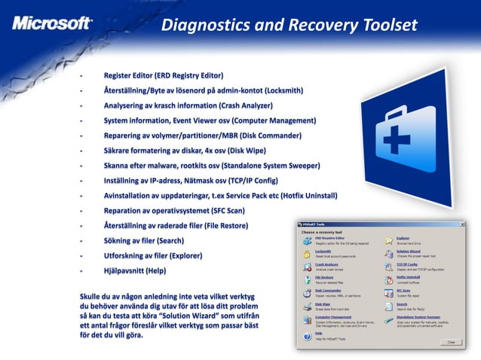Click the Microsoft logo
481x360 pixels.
click(52, 22)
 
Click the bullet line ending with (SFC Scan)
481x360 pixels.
click(185, 210)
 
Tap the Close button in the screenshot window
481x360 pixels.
click(450, 341)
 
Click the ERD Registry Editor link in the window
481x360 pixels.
click(330, 238)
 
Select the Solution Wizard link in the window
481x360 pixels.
click(409, 252)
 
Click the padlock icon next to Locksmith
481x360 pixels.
click(308, 254)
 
